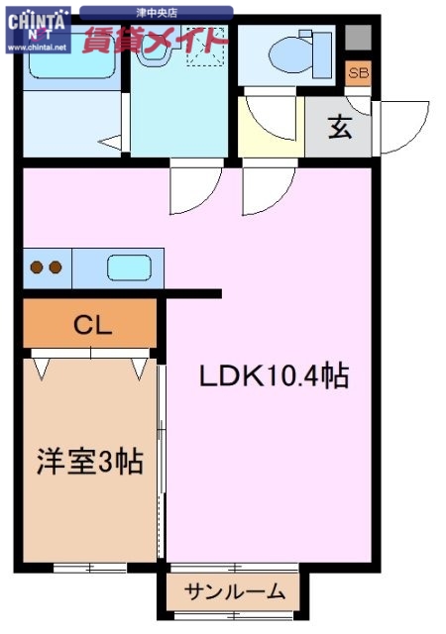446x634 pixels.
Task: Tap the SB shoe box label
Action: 357,73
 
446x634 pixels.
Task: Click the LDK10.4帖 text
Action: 275,376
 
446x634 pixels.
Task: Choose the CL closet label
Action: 91,324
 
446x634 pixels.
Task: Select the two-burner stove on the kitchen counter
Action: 48,267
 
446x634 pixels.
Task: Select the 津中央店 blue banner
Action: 157,13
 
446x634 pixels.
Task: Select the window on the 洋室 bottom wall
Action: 89,568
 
